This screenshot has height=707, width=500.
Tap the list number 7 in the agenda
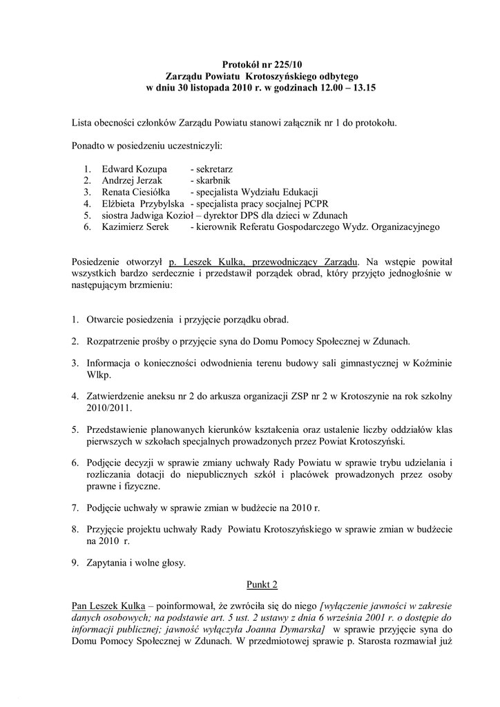75,507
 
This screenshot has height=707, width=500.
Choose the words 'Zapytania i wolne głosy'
136,563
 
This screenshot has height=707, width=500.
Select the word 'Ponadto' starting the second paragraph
89,146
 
